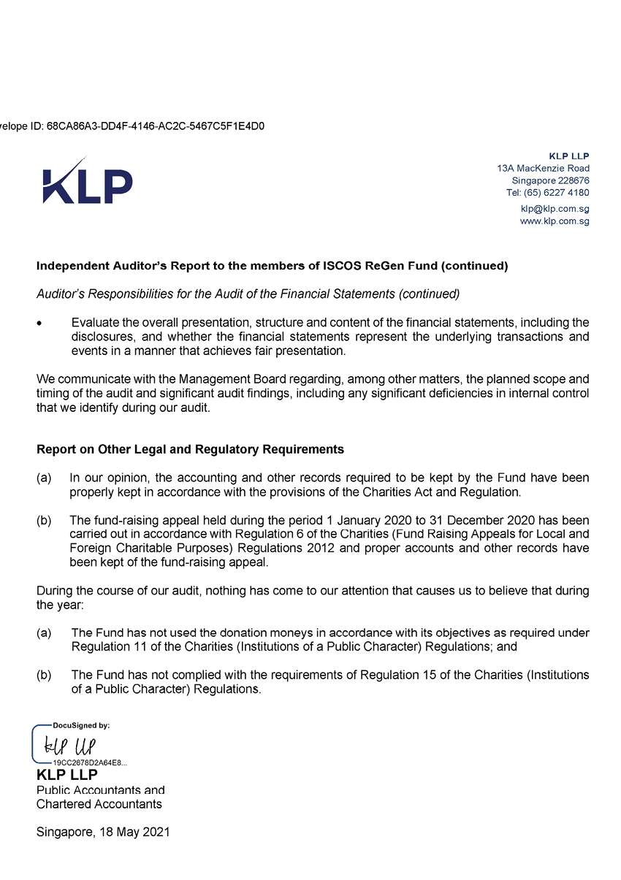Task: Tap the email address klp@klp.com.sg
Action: click(x=555, y=208)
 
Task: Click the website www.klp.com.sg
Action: click(x=555, y=221)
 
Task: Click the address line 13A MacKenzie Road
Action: click(x=543, y=168)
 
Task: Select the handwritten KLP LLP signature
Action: click(x=70, y=746)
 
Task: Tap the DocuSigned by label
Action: click(x=81, y=726)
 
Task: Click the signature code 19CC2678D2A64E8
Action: click(x=89, y=762)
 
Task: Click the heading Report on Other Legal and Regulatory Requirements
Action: click(x=190, y=449)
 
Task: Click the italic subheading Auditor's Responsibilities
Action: click(x=248, y=294)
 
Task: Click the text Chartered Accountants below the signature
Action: click(x=99, y=803)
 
